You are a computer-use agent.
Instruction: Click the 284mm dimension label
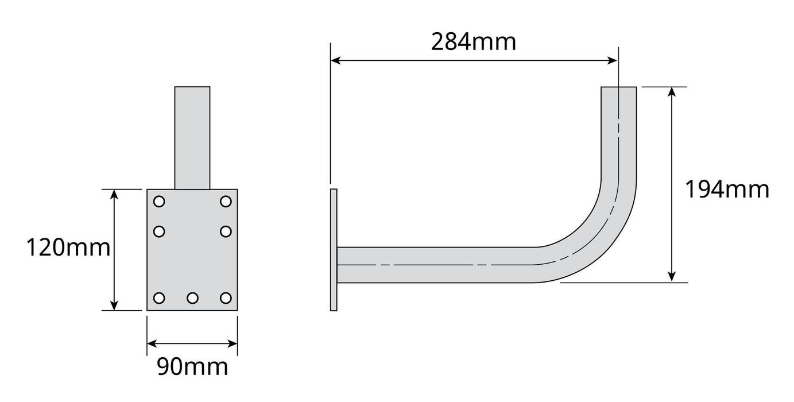[x=474, y=41]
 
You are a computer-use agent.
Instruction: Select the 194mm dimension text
[x=726, y=189]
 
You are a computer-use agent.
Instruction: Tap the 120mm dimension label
[x=68, y=248]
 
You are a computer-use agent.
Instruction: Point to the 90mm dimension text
[x=192, y=367]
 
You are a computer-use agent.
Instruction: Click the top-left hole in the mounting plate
[x=159, y=202]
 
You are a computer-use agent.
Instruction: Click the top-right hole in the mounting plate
[x=226, y=202]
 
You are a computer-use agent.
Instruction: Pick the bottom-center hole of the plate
[x=192, y=297]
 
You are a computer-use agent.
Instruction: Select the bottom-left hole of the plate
[x=159, y=297]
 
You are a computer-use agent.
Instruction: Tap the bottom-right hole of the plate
[x=226, y=297]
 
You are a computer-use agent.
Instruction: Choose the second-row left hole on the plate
[x=159, y=231]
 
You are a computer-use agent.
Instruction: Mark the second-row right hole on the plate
[x=226, y=231]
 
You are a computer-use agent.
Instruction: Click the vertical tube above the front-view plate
[x=192, y=138]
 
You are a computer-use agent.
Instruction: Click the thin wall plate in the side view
[x=334, y=250]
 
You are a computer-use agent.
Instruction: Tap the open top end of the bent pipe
[x=618, y=88]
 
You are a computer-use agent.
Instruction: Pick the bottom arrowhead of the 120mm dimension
[x=114, y=306]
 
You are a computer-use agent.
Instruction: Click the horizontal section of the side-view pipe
[x=436, y=265]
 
